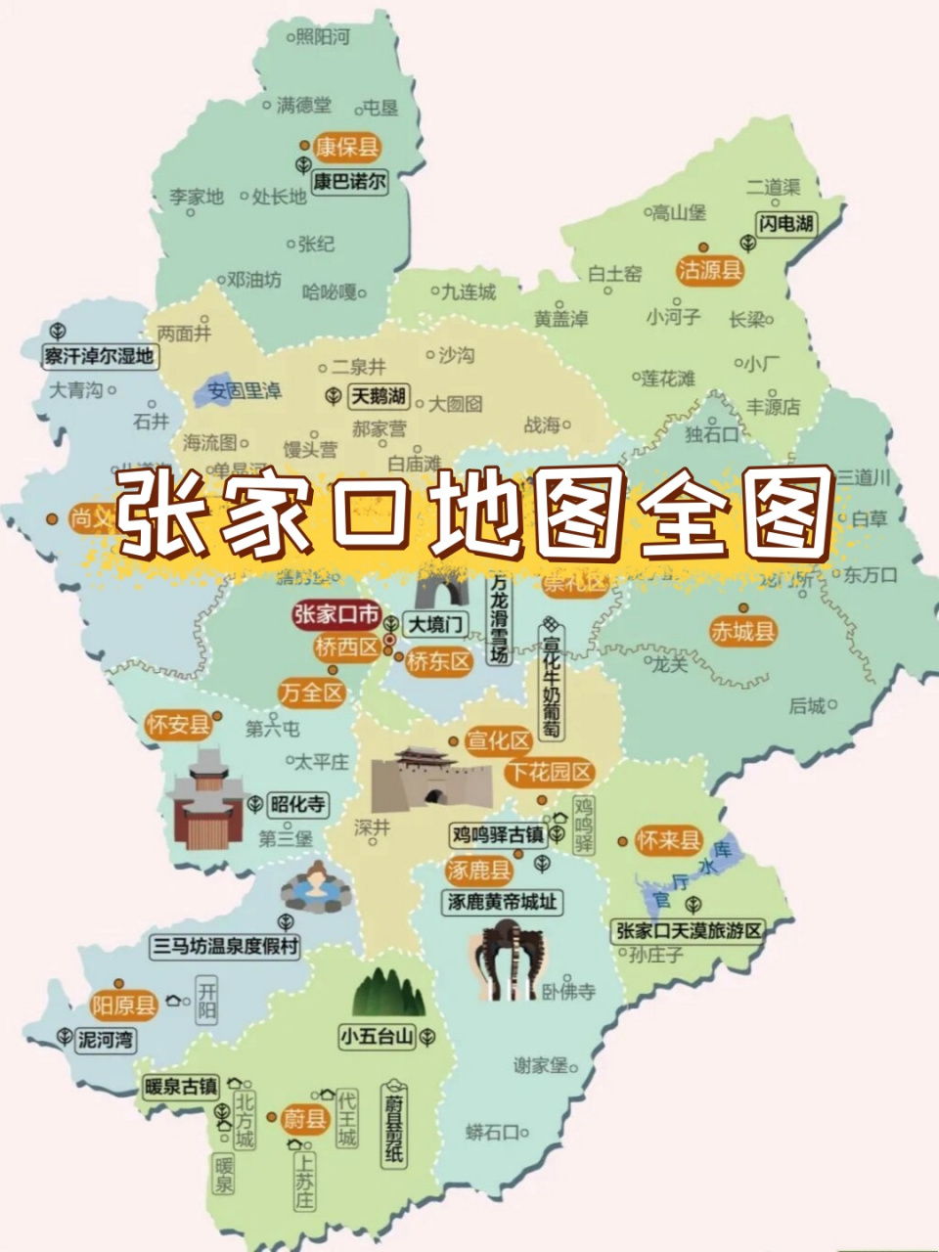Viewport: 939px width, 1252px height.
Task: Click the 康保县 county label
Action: pyautogui.click(x=347, y=148)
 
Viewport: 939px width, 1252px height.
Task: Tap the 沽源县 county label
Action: pyautogui.click(x=711, y=270)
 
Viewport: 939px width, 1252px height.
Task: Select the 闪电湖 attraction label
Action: pyautogui.click(x=785, y=224)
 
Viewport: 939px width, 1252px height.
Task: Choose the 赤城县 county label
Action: pyautogui.click(x=743, y=632)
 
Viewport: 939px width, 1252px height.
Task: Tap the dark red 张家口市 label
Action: pyautogui.click(x=336, y=615)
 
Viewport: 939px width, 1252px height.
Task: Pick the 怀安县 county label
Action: pyautogui.click(x=178, y=725)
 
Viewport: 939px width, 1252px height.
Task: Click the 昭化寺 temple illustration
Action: pyautogui.click(x=205, y=797)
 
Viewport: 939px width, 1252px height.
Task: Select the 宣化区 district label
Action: pyautogui.click(x=498, y=740)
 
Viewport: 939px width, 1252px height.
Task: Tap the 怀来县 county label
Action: pyautogui.click(x=669, y=840)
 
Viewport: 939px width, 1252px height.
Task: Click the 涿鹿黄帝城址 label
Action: pyautogui.click(x=503, y=902)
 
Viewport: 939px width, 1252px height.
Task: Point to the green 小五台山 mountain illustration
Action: pyautogui.click(x=388, y=993)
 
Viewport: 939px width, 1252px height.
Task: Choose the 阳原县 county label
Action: pyautogui.click(x=124, y=1005)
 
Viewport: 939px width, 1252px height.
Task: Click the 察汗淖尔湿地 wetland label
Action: pyautogui.click(x=99, y=356)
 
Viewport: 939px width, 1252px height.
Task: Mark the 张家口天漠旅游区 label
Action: pyautogui.click(x=690, y=930)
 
